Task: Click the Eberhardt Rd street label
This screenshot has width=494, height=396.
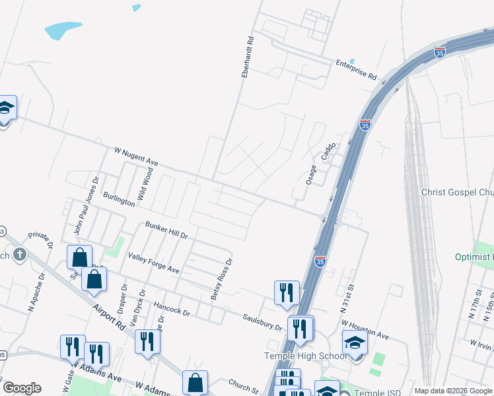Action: coord(248,57)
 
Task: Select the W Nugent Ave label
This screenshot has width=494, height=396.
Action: coord(135,157)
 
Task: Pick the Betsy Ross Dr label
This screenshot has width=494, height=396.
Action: coord(222,279)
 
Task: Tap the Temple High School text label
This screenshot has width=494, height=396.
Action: coord(305,356)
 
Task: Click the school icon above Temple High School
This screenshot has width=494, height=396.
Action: coord(355,343)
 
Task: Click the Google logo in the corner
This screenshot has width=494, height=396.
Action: coord(22,388)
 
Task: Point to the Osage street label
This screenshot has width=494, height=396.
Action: coord(311,173)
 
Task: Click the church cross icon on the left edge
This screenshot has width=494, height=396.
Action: coord(20,254)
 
